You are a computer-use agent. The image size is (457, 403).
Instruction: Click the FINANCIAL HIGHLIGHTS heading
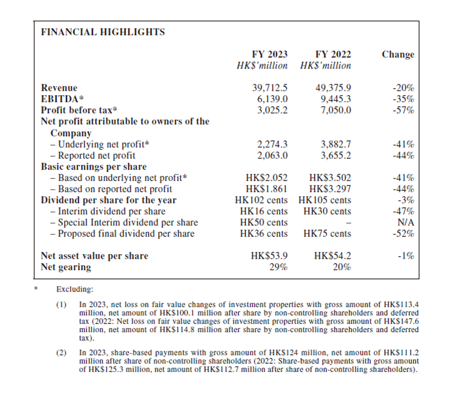(x=103, y=32)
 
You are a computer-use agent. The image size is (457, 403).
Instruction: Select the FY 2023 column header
(x=270, y=54)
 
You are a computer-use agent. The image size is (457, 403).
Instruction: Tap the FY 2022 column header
(x=333, y=54)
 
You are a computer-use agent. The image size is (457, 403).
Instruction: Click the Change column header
(x=398, y=54)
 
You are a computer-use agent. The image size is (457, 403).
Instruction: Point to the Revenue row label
(x=59, y=88)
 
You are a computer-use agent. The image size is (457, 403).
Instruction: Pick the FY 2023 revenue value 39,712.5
(x=270, y=88)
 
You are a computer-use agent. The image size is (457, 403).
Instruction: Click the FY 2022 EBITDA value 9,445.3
(x=333, y=99)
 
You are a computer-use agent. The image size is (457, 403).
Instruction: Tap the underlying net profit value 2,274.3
(x=272, y=145)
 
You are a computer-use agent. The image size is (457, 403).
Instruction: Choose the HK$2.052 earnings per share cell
(x=267, y=178)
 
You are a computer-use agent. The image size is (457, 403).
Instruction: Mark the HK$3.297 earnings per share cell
(x=330, y=189)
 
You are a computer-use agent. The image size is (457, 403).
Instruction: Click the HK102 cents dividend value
(x=264, y=200)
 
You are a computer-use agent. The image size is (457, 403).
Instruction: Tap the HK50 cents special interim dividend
(x=264, y=222)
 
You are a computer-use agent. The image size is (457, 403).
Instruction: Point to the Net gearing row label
(x=66, y=267)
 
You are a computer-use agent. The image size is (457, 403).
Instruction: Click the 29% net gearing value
(x=279, y=267)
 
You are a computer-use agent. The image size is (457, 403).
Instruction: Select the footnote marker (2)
(x=61, y=354)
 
